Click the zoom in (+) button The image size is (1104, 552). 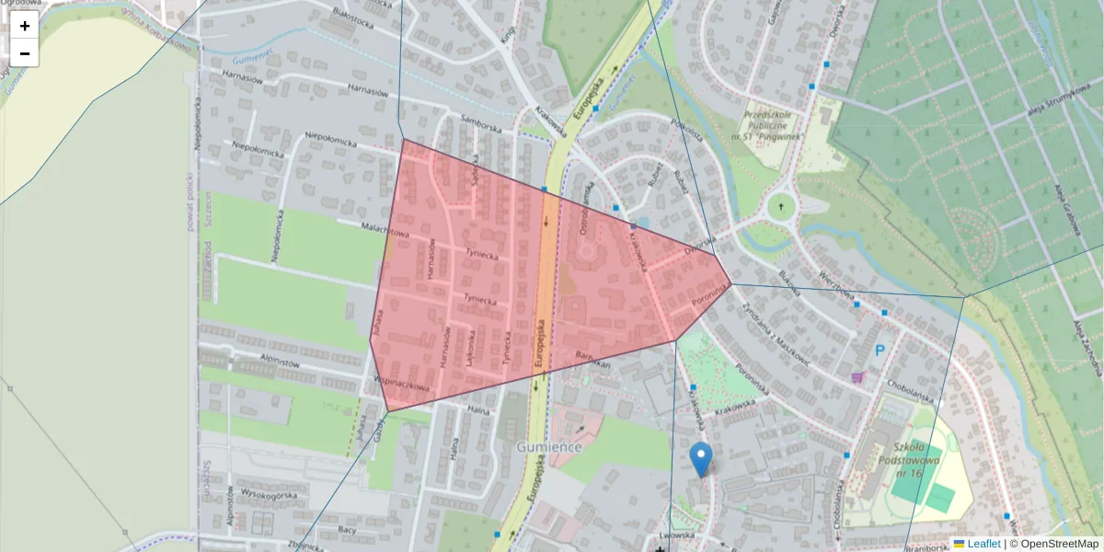point(25,26)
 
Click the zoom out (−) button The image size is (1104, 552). point(25,53)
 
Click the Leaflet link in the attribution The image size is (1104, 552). point(983,544)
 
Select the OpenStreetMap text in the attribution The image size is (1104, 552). point(1059,544)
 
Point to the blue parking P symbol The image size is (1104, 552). point(880,351)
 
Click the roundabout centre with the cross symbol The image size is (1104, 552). point(781,207)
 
